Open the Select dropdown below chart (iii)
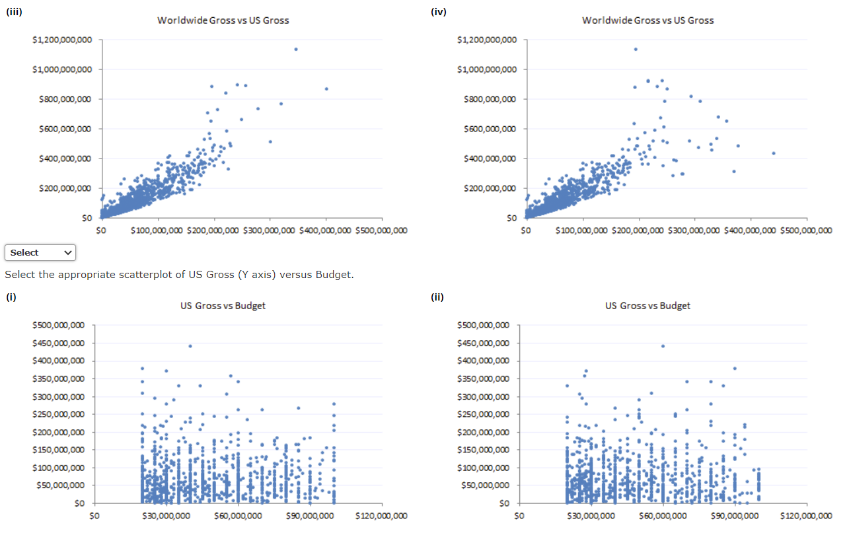point(40,252)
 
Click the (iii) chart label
point(14,12)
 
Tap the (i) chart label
point(11,297)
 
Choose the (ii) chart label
point(437,297)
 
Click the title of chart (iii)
point(223,20)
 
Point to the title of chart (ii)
point(647,306)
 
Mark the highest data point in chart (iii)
point(296,50)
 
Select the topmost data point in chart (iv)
point(636,50)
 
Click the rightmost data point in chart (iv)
point(774,153)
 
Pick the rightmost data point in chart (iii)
point(326,89)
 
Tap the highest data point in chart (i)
point(190,346)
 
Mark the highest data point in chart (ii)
point(663,346)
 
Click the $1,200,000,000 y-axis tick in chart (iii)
point(62,40)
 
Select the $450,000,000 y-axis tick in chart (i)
point(59,343)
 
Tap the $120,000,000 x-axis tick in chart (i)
point(381,516)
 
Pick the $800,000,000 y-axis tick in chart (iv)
point(487,99)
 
